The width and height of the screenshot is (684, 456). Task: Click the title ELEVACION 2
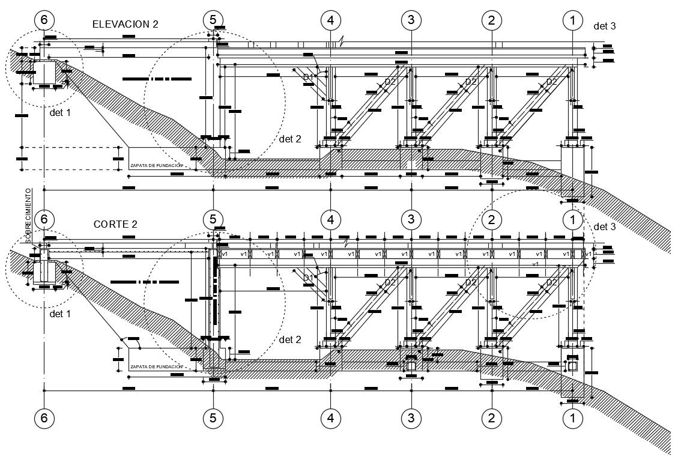pyautogui.click(x=125, y=24)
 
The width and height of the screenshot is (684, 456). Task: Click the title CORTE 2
pyautogui.click(x=115, y=224)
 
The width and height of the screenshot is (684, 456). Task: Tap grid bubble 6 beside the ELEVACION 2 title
pyautogui.click(x=44, y=20)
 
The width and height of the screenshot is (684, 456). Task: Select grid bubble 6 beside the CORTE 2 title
pyautogui.click(x=44, y=219)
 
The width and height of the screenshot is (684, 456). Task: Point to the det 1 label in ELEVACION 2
pyautogui.click(x=60, y=112)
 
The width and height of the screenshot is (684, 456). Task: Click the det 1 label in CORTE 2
pyautogui.click(x=60, y=313)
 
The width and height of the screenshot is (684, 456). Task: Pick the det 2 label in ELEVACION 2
pyautogui.click(x=290, y=139)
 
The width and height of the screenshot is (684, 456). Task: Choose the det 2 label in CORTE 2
pyautogui.click(x=290, y=339)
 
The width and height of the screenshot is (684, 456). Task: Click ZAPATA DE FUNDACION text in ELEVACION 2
pyautogui.click(x=156, y=165)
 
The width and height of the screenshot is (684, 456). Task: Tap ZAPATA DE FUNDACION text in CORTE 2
pyautogui.click(x=156, y=366)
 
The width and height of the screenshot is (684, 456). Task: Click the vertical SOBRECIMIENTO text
pyautogui.click(x=28, y=216)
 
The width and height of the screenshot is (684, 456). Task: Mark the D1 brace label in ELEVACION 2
pyautogui.click(x=308, y=78)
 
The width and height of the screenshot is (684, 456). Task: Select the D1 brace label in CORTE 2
pyautogui.click(x=308, y=278)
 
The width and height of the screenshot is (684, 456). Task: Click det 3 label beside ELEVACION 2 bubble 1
pyautogui.click(x=604, y=26)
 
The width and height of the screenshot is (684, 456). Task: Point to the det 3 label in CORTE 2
pyautogui.click(x=604, y=226)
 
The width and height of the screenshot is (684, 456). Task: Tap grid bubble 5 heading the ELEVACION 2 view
pyautogui.click(x=213, y=20)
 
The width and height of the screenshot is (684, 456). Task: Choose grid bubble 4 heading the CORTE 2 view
pyautogui.click(x=330, y=219)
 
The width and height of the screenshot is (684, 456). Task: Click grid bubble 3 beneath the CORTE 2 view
pyautogui.click(x=411, y=418)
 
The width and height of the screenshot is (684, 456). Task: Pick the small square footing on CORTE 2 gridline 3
pyautogui.click(x=412, y=365)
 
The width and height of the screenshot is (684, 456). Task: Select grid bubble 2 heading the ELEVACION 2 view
pyautogui.click(x=492, y=20)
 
